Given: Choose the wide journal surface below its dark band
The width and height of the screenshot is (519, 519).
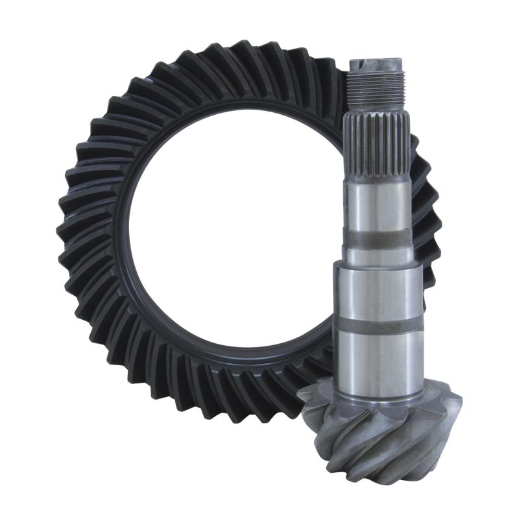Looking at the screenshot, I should [378, 357].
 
